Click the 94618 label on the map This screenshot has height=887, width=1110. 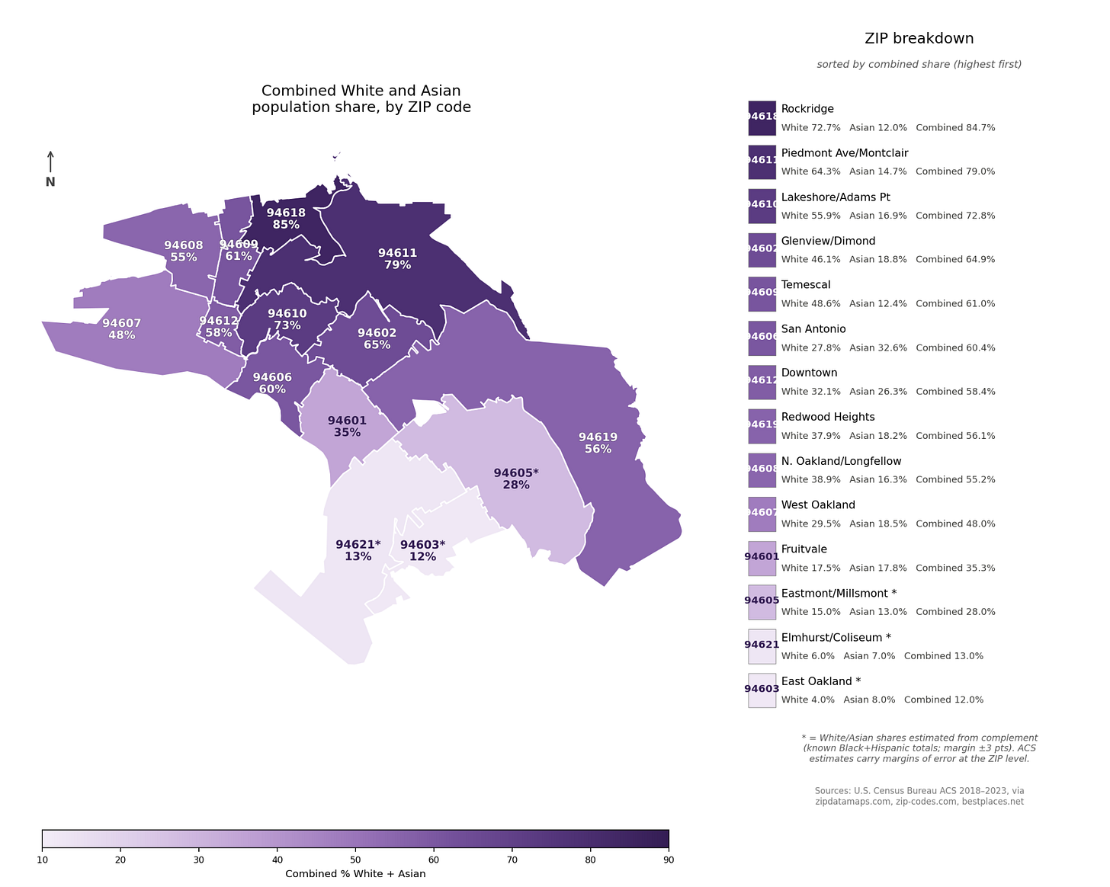pos(286,219)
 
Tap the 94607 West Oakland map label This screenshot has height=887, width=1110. pos(121,329)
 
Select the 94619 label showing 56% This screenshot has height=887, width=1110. pos(598,443)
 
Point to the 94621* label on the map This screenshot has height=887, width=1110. pos(358,550)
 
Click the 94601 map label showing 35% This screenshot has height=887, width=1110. pos(347,426)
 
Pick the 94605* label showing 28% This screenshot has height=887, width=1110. pos(516,479)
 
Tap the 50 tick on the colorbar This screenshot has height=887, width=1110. pos(355,860)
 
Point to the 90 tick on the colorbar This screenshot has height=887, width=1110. pos(669,860)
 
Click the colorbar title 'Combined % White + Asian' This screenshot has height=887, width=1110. pos(355,873)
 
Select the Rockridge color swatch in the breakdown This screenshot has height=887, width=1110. pos(762,117)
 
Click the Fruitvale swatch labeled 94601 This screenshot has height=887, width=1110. pos(762,558)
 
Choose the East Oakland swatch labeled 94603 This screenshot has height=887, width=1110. pos(762,690)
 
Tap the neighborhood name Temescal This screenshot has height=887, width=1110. pos(806,285)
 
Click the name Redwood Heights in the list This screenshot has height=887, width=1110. pos(827,417)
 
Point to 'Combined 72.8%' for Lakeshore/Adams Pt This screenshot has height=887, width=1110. pos(955,216)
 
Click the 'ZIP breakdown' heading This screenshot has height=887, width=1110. pos(919,39)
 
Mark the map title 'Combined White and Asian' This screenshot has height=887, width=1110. pos(361,91)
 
